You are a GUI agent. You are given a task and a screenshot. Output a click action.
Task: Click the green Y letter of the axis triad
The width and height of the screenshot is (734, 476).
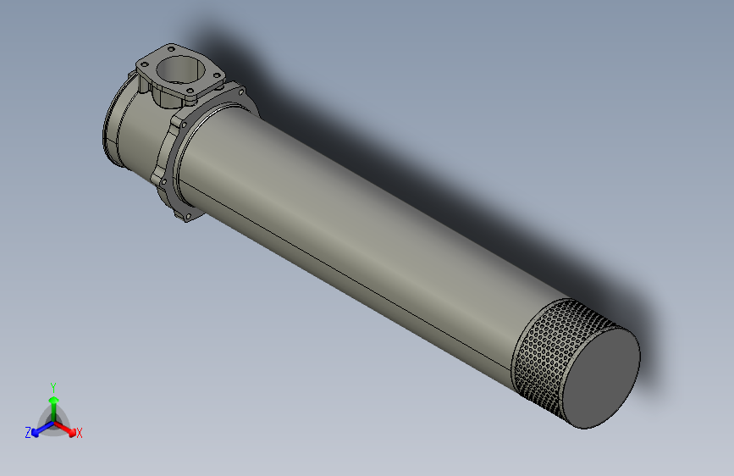point(52,386)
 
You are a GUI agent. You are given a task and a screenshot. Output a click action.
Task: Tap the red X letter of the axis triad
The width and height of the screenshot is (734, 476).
point(80,434)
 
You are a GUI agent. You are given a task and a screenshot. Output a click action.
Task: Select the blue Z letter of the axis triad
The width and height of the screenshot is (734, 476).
point(28,432)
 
